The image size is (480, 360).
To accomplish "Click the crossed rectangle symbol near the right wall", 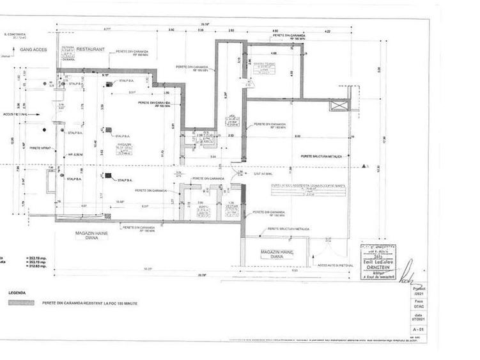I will point(339,107).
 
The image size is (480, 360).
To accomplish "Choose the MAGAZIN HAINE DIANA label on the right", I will point(277,256).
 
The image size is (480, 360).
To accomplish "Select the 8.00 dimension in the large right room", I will point(297,136).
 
